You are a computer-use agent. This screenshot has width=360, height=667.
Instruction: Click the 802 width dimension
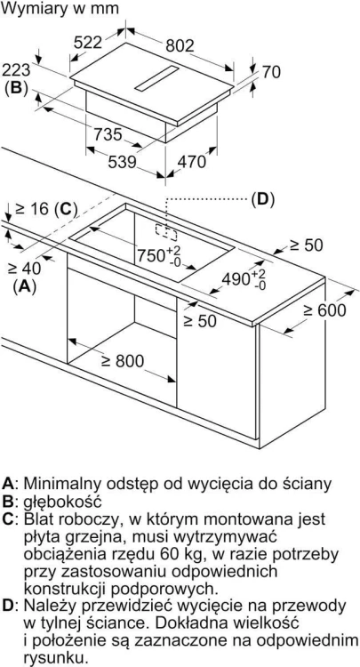[180, 46]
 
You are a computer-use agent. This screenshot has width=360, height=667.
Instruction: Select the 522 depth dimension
[88, 42]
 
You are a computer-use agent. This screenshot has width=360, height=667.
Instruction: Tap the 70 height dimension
[271, 72]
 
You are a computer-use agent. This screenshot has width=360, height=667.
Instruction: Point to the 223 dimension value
[15, 70]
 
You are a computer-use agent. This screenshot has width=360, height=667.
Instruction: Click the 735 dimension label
[108, 134]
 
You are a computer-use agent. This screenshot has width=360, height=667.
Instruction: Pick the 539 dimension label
[122, 162]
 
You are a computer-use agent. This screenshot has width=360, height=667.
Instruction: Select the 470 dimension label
[191, 161]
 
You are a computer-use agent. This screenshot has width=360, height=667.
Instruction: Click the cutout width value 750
[151, 255]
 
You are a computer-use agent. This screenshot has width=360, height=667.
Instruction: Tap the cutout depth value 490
[237, 279]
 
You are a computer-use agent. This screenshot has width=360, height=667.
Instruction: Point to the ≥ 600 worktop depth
[325, 310]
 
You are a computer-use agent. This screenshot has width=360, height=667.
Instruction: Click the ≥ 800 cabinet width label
[123, 361]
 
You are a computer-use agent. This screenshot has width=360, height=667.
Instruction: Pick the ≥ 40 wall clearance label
[25, 269]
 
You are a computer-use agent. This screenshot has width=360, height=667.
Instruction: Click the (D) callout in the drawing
[262, 199]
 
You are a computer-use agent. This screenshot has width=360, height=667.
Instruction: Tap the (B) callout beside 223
[16, 87]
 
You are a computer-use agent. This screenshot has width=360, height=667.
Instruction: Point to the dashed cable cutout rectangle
[166, 230]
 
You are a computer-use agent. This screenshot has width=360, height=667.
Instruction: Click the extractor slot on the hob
[156, 78]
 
